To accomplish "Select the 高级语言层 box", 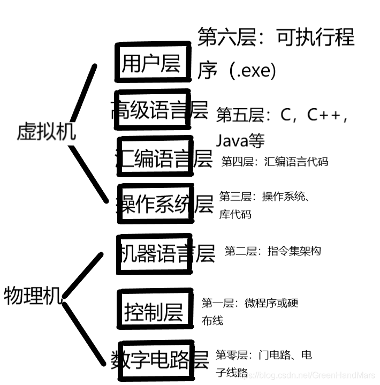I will click(x=153, y=110).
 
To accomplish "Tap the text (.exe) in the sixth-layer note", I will click(x=252, y=70).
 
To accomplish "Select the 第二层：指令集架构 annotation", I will click(x=272, y=251).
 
